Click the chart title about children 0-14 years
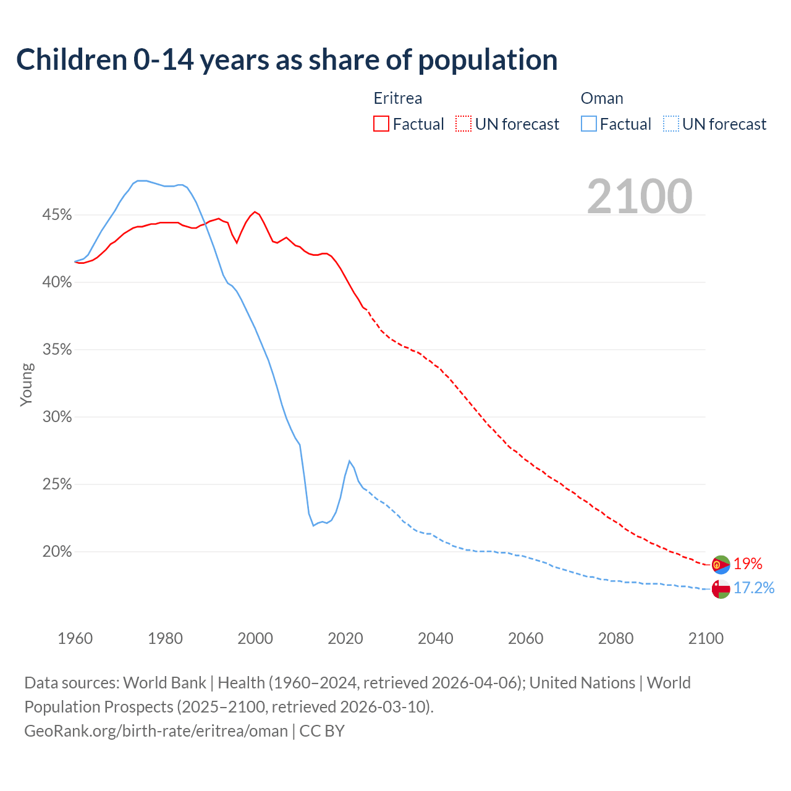[x=287, y=60]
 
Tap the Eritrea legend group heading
[x=398, y=98]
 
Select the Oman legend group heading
[x=602, y=98]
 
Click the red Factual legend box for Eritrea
[x=381, y=124]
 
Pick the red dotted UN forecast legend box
[x=463, y=124]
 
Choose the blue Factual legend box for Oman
[x=589, y=124]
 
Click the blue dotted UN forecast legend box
[x=670, y=124]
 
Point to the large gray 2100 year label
[x=640, y=197]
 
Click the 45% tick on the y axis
[x=57, y=215]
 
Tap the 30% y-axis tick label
[x=57, y=417]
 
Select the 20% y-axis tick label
[x=57, y=552]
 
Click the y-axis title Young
[x=27, y=384]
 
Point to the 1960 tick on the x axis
[x=75, y=638]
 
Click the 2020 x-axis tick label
[x=345, y=638]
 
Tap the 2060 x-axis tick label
[x=525, y=638]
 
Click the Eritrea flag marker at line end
[x=721, y=565]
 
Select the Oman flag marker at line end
[x=721, y=589]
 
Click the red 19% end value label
[x=748, y=564]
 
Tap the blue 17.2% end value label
[x=754, y=588]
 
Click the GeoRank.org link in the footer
[x=156, y=731]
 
